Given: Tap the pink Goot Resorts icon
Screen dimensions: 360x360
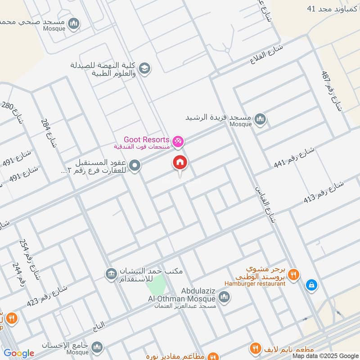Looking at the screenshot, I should [x=178, y=141].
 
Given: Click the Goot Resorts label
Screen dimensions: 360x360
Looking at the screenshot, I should [x=147, y=140].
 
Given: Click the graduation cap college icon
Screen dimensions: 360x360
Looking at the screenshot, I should [x=144, y=68].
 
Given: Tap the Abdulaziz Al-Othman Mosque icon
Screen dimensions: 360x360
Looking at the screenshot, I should [x=224, y=297].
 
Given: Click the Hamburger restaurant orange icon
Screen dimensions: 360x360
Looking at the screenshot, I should [x=293, y=274].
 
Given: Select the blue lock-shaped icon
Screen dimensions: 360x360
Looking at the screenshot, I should [x=311, y=285].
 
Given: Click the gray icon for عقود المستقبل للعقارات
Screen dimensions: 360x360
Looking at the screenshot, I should [x=135, y=166].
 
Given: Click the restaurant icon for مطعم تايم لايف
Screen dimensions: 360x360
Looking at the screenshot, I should [x=256, y=348].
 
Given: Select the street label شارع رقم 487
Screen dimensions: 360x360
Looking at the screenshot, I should [x=332, y=90].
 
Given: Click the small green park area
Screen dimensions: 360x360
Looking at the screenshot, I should [x=158, y=283].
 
